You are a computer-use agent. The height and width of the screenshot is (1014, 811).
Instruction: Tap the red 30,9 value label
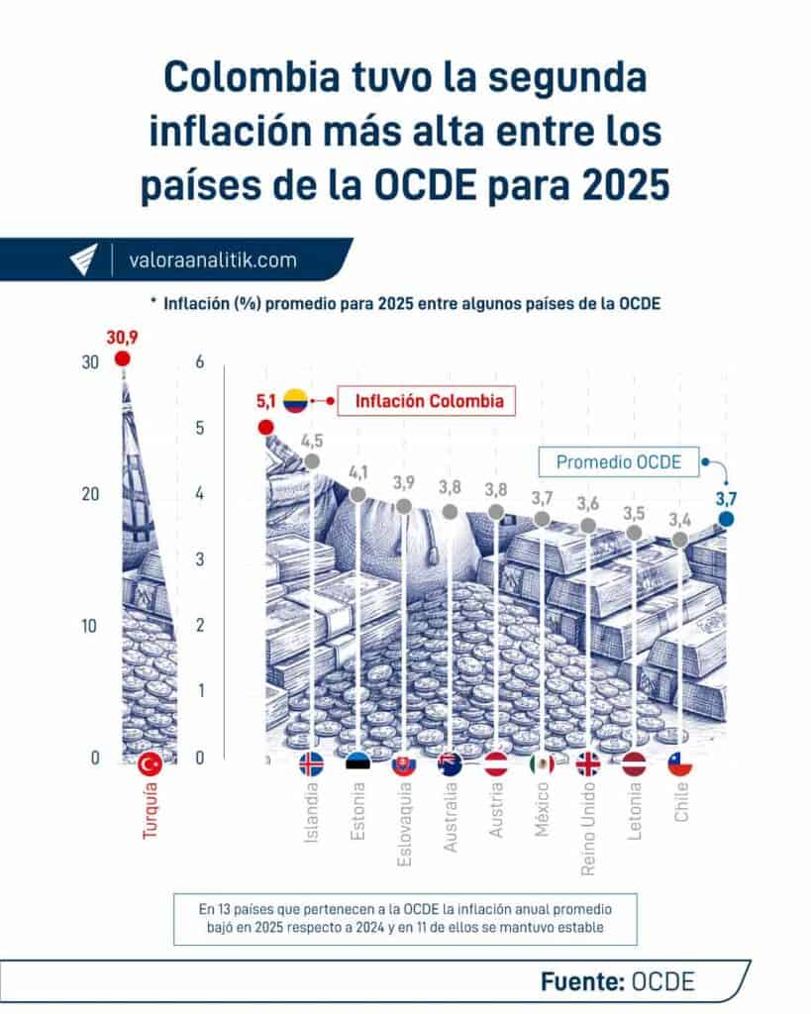[x=123, y=338]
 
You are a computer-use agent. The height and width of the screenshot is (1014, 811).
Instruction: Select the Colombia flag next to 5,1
[x=295, y=401]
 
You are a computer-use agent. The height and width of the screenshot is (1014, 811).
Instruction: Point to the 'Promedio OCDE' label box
[x=619, y=461]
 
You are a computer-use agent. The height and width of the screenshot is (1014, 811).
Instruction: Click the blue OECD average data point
[x=726, y=518]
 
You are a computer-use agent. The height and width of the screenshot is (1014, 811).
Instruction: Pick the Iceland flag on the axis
[x=311, y=763]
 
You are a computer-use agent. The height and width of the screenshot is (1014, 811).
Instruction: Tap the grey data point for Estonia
[x=357, y=494]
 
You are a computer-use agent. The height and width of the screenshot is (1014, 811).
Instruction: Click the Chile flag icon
[x=679, y=763]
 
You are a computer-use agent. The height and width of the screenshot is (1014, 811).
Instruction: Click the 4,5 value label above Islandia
[x=313, y=441]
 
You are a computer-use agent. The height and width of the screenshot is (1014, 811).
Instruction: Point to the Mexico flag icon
[x=542, y=763]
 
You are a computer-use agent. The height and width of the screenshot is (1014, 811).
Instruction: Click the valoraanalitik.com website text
[x=213, y=260]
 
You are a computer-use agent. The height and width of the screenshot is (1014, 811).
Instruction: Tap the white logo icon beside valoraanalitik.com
[x=84, y=260]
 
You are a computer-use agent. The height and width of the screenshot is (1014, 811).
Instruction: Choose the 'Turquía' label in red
[x=151, y=811]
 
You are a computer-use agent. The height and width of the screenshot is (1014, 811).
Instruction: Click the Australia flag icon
[x=450, y=763]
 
